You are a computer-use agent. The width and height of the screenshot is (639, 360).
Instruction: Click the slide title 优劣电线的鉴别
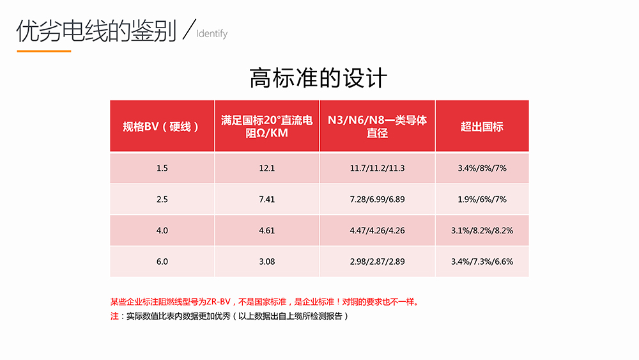point(96,31)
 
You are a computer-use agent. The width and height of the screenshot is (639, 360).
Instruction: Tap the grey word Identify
point(212,33)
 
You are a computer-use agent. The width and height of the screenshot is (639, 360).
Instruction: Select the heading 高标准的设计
point(318,78)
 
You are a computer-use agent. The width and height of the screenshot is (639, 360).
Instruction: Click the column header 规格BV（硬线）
point(162,126)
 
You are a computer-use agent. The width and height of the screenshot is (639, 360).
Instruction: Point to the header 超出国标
point(482,126)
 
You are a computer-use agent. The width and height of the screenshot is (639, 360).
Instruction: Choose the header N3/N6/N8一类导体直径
point(377,126)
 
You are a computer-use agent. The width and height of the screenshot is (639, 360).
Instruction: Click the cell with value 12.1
point(266,168)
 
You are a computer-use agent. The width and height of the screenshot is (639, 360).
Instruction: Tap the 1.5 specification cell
point(162,168)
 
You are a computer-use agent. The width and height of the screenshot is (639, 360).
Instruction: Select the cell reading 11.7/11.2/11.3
point(377,168)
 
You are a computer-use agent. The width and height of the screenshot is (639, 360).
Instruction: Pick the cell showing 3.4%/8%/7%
point(482,168)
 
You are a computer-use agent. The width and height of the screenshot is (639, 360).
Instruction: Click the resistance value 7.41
point(266,200)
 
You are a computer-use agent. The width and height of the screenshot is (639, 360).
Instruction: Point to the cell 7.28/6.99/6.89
point(377,200)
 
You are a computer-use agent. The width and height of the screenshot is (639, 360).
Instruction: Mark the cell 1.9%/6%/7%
point(482,200)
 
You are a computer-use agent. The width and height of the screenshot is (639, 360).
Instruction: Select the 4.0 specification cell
point(162,230)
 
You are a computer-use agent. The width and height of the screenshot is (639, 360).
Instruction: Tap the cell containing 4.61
point(266,230)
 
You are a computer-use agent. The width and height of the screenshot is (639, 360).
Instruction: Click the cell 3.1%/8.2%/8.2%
point(482,230)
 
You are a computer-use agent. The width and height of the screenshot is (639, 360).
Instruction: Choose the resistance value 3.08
point(266,262)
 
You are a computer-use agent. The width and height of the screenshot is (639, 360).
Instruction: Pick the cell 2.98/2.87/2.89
point(377,262)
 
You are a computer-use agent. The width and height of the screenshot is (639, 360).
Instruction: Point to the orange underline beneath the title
point(43,51)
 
